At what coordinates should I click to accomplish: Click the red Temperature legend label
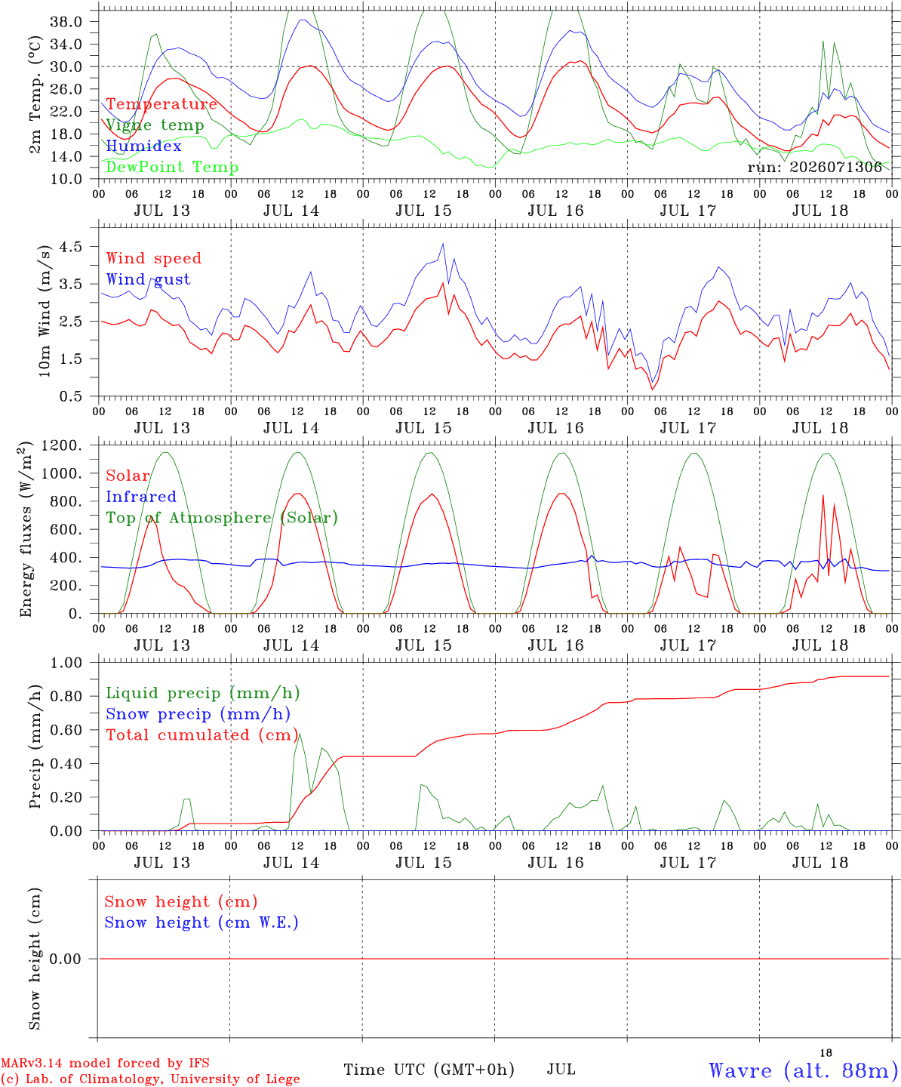[x=161, y=104]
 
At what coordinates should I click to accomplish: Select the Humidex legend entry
[x=143, y=146]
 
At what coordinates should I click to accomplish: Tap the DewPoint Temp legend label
[x=172, y=167]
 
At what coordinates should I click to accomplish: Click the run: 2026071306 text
[x=814, y=167]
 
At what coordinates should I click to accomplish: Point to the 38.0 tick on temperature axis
[x=66, y=22]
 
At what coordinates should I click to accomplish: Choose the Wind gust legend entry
[x=149, y=279]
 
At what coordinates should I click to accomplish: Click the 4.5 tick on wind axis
[x=71, y=247]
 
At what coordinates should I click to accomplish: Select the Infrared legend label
[x=141, y=497]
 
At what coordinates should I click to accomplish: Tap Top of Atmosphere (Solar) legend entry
[x=223, y=518]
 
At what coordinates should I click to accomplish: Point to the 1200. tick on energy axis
[x=62, y=445]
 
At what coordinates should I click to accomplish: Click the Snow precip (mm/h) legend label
[x=198, y=714]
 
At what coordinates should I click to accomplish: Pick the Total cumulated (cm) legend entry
[x=202, y=735]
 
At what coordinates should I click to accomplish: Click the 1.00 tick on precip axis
[x=66, y=664]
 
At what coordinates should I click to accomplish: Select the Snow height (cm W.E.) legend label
[x=201, y=922]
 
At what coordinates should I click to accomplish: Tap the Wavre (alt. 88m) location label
[x=799, y=1070]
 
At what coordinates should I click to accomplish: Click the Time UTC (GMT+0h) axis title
[x=429, y=1070]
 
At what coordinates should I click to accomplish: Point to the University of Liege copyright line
[x=150, y=1079]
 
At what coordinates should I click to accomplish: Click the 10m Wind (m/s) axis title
[x=45, y=311]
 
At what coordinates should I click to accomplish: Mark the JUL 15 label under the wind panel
[x=423, y=428]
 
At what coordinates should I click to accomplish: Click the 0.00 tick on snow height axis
[x=66, y=959]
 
